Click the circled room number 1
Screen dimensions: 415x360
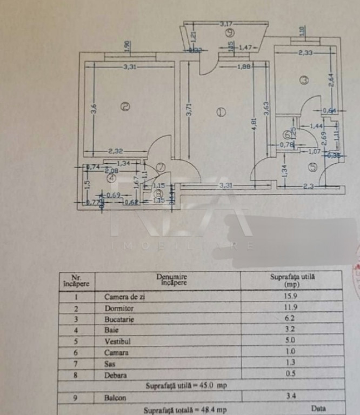click(220, 112)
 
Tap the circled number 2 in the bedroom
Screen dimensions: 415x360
click(125, 107)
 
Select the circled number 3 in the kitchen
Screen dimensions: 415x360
click(304, 80)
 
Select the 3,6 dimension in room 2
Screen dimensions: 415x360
click(93, 108)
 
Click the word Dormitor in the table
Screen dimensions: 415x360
click(118, 308)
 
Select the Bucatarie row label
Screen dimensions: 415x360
click(119, 319)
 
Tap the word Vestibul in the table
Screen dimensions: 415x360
click(117, 342)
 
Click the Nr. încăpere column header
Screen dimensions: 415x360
click(76, 280)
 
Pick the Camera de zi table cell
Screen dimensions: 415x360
click(125, 297)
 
